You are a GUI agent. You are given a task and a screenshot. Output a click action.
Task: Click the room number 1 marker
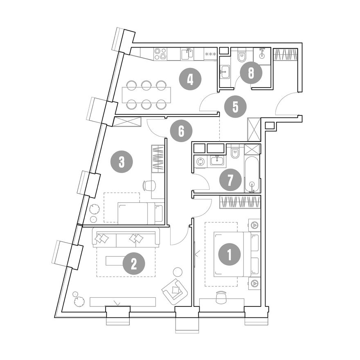(229, 254)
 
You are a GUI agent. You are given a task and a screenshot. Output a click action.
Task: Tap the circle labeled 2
(134, 263)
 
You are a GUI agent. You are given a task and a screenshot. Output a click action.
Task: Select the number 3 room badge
(122, 162)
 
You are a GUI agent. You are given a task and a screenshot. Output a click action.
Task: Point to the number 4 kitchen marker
(190, 79)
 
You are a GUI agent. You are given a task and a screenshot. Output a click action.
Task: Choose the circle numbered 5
(235, 107)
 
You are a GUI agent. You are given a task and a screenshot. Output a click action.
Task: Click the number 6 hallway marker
(181, 131)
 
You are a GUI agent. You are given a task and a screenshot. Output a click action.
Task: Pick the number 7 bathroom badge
(230, 180)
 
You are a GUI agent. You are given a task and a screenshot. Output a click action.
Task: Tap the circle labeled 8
(251, 73)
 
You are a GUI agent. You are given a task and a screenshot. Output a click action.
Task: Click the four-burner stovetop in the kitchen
(160, 54)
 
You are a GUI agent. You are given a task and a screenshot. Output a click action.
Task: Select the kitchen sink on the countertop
(187, 54)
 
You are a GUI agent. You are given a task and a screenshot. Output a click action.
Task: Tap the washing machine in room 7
(200, 161)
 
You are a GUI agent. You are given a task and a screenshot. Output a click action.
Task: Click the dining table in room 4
(146, 95)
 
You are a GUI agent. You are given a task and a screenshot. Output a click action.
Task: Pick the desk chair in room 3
(149, 185)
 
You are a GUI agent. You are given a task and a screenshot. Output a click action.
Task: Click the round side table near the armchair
(178, 272)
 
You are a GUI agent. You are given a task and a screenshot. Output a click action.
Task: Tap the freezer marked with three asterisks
(210, 54)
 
